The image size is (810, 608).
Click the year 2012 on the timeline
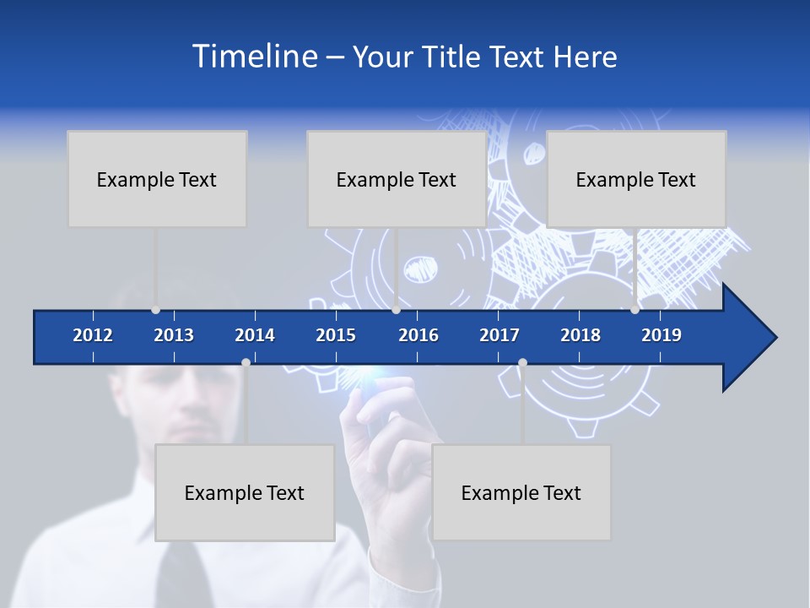click(x=93, y=335)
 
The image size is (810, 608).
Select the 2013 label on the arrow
click(x=174, y=335)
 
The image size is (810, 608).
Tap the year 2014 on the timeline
click(x=255, y=335)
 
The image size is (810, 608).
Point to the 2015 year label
click(x=336, y=335)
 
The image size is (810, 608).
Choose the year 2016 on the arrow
click(x=418, y=335)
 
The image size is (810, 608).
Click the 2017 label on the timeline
click(x=499, y=335)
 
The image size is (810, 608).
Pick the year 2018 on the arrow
click(x=580, y=335)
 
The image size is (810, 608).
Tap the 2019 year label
click(x=661, y=335)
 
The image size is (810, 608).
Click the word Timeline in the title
click(x=254, y=57)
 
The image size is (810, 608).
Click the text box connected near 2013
click(x=157, y=179)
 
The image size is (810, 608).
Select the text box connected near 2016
click(x=397, y=179)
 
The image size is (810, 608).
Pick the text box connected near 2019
click(x=636, y=179)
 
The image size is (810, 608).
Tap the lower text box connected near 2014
click(x=245, y=492)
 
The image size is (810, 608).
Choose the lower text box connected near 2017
click(x=521, y=492)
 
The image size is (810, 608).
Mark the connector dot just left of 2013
click(x=155, y=310)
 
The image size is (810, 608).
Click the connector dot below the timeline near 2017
click(x=522, y=363)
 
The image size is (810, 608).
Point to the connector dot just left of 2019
click(x=634, y=310)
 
